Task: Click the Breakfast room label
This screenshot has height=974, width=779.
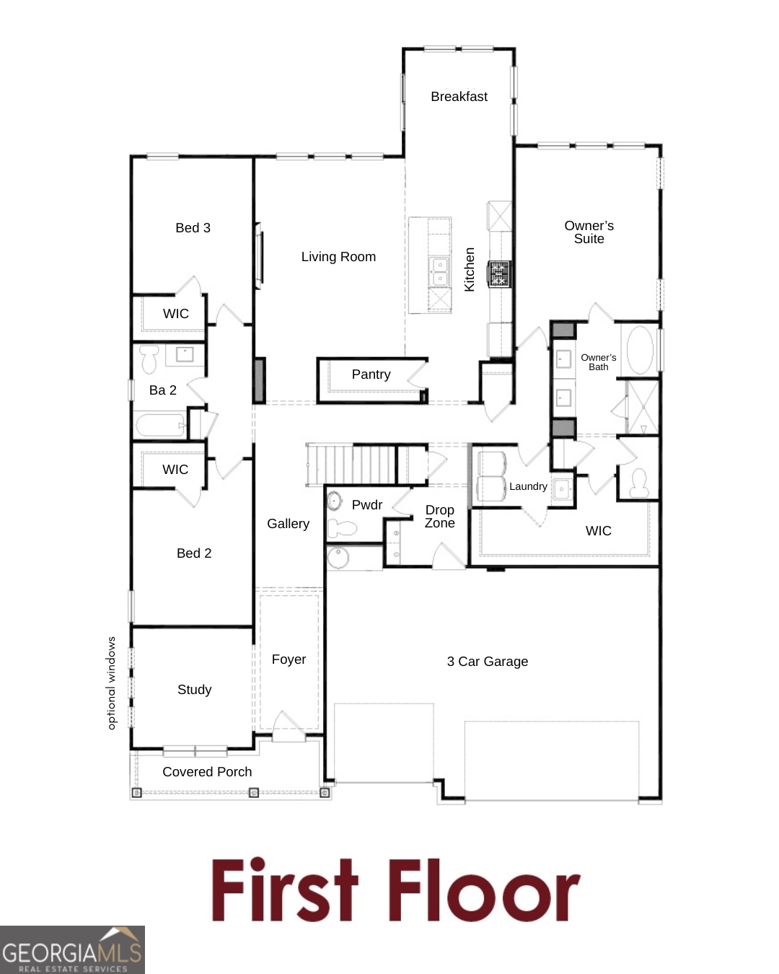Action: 459,97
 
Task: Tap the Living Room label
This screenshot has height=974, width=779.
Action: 338,257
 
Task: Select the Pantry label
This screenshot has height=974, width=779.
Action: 371,374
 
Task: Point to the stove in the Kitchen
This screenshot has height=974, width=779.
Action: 500,274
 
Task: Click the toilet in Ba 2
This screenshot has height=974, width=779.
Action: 149,359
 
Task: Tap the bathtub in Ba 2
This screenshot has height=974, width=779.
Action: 159,425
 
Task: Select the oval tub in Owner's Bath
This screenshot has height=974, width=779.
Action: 640,351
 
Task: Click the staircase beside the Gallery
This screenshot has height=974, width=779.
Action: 351,465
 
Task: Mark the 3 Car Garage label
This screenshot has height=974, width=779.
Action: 488,662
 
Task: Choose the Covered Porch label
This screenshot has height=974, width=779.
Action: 207,772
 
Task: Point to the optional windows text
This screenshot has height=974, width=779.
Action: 111,683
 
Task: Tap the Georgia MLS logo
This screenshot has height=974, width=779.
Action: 72,950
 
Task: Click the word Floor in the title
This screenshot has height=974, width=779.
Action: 484,890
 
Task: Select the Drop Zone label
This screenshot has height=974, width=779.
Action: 439,517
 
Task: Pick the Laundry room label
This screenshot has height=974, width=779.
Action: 528,486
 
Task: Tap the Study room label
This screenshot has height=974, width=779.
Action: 194,690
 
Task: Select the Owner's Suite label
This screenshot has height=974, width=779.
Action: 589,232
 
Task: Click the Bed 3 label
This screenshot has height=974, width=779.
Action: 193,228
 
